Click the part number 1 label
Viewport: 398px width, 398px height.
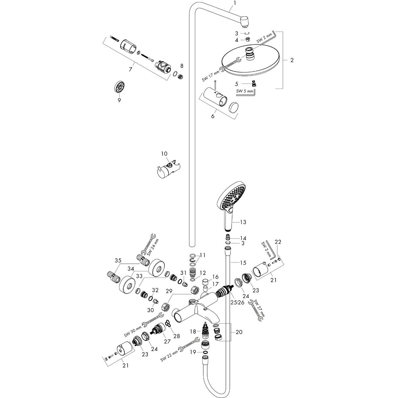pyautogui.click(x=234, y=3)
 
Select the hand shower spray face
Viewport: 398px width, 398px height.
pyautogui.click(x=232, y=196)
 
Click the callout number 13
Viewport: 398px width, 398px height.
pyautogui.click(x=244, y=221)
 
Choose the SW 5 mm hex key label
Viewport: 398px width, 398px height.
pyautogui.click(x=245, y=91)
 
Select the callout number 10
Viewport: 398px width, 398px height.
pyautogui.click(x=165, y=154)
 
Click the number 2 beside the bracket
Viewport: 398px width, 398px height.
pyautogui.click(x=292, y=60)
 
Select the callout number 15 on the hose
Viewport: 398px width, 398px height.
pyautogui.click(x=243, y=263)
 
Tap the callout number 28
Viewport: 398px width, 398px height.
pyautogui.click(x=176, y=336)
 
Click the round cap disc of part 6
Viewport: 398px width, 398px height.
pyautogui.click(x=234, y=108)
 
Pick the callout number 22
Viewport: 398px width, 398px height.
pyautogui.click(x=278, y=242)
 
